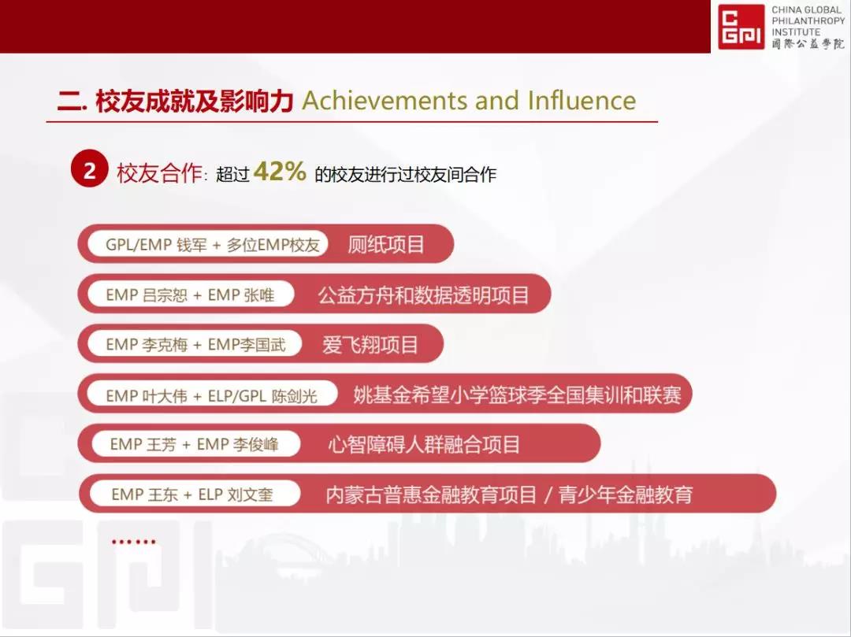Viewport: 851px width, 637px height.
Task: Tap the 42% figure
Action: [x=280, y=172]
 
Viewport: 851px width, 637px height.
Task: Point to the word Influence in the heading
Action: [x=582, y=101]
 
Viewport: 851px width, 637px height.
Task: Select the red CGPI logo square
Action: [x=741, y=27]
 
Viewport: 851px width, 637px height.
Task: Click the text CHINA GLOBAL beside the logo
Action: [x=808, y=9]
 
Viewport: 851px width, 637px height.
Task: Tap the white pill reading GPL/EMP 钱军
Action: [x=208, y=245]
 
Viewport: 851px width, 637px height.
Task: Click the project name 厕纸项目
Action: [x=386, y=245]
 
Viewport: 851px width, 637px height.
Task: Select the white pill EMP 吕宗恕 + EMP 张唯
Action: [x=191, y=294]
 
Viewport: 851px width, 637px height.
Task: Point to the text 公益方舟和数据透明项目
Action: [x=423, y=295]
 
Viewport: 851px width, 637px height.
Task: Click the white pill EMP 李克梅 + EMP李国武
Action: [x=195, y=344]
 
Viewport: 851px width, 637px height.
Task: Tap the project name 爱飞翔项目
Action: [x=370, y=345]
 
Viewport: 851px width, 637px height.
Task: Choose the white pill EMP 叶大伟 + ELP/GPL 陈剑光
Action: [x=212, y=395]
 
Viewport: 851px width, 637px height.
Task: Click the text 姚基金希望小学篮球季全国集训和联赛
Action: [x=517, y=394]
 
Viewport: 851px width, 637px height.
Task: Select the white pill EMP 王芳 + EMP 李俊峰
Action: [x=195, y=444]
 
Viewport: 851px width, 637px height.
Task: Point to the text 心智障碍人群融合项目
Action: [x=424, y=445]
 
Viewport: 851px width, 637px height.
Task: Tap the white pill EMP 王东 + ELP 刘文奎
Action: [x=195, y=494]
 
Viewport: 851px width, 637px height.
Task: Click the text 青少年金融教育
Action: [x=626, y=494]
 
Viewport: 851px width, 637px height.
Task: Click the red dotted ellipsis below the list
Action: [x=133, y=541]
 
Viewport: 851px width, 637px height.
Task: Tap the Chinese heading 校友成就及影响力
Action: [x=195, y=101]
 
